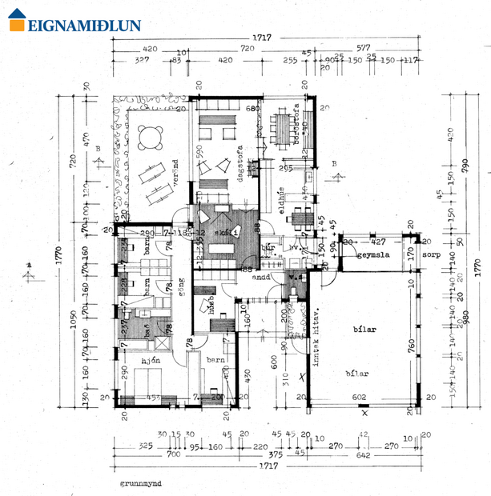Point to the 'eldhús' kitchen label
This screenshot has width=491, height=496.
pyautogui.click(x=282, y=199)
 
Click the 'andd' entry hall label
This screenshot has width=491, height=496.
pyautogui.click(x=261, y=280)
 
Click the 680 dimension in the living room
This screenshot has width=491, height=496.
pyautogui.click(x=253, y=108)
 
